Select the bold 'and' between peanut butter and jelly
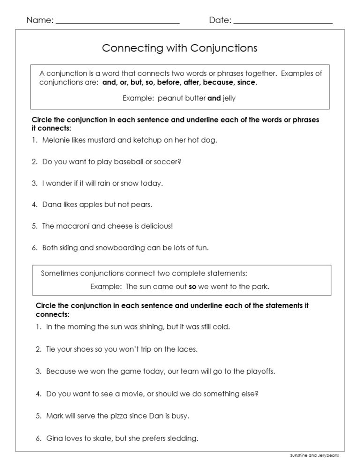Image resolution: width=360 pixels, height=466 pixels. pos(214,98)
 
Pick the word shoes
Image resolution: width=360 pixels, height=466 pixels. pos(86,349)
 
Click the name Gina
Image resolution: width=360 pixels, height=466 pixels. pos(55,439)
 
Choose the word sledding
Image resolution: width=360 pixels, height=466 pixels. pos(183,439)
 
